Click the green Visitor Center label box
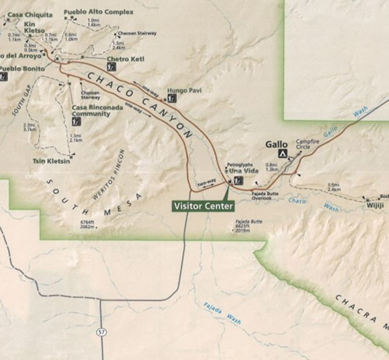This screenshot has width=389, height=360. tap(201, 206)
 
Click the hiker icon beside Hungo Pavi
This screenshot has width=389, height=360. tap(171, 99)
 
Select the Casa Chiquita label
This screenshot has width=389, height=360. tap(25, 14)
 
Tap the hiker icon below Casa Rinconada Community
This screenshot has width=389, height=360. tap(76, 121)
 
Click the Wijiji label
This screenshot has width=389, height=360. tap(375, 206)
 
